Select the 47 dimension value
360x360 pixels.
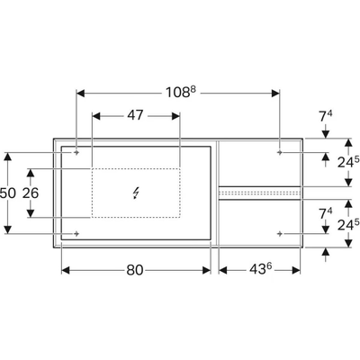[x=135, y=115]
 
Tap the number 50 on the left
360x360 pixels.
[x=7, y=193]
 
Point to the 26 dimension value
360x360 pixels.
[x=31, y=193]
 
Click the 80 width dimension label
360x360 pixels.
[x=135, y=270]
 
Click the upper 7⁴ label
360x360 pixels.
[x=326, y=116]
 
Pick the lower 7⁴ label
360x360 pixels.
[x=326, y=213]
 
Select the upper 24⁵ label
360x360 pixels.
[x=348, y=162]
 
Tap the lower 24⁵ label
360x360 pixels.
[x=348, y=225]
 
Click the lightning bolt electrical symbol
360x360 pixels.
[x=136, y=193]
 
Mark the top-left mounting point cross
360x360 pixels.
[x=76, y=153]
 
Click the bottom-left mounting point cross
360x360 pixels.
[x=76, y=233]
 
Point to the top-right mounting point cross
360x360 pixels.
[x=280, y=153]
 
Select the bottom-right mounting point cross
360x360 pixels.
[x=280, y=233]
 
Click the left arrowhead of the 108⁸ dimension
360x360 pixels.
[x=81, y=94]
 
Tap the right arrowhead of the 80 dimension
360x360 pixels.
[x=207, y=270]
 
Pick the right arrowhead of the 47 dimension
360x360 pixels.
[x=175, y=116]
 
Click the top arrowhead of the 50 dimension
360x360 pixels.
[x=8, y=157]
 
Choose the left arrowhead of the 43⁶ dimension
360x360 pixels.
[x=223, y=270]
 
